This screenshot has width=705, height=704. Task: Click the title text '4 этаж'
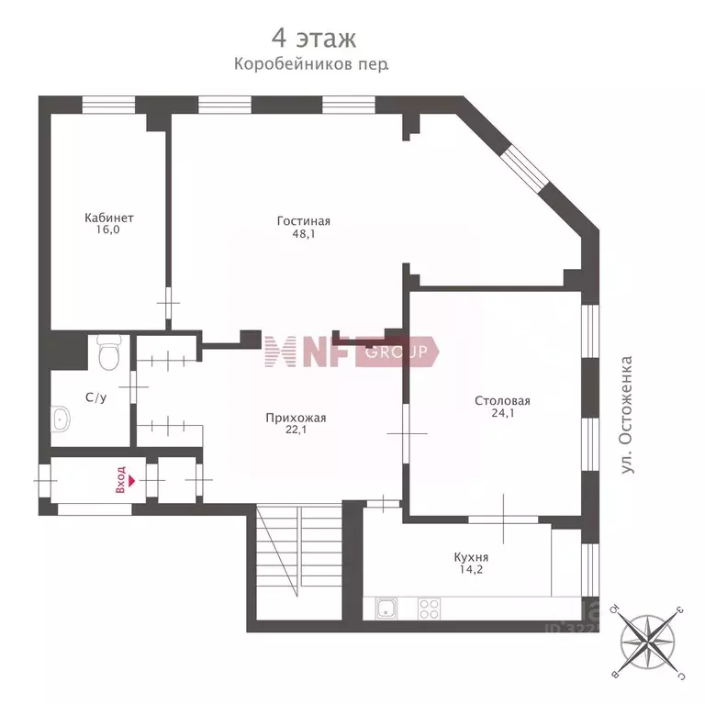(x=312, y=39)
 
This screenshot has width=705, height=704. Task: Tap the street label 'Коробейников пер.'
(x=311, y=65)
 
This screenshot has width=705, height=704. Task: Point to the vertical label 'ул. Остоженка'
(x=627, y=414)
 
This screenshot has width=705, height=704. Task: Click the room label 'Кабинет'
(x=109, y=218)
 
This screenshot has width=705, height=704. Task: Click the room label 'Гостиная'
(x=303, y=220)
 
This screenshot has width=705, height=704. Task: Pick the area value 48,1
(x=303, y=234)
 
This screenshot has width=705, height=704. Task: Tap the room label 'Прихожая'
(x=296, y=418)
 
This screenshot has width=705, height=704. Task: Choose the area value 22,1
(x=296, y=431)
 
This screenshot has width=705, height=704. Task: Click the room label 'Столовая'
(x=502, y=400)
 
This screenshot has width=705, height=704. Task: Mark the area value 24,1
(x=502, y=414)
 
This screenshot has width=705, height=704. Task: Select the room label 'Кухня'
(x=471, y=556)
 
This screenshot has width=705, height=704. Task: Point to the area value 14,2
(x=471, y=570)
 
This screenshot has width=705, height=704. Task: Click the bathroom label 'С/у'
(x=95, y=397)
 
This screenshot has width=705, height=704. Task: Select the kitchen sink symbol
(x=386, y=607)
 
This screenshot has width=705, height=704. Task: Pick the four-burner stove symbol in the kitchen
(x=429, y=607)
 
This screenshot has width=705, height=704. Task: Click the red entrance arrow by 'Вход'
(x=132, y=479)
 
